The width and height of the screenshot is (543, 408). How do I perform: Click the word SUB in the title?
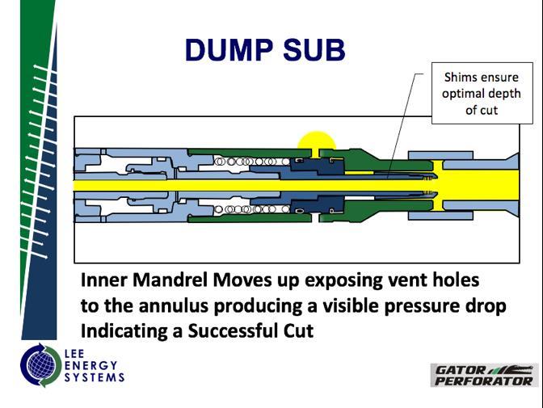click(x=314, y=50)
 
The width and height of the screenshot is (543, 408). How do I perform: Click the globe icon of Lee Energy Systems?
click(x=39, y=364)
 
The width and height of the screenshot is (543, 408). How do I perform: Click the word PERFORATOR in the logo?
click(x=483, y=381)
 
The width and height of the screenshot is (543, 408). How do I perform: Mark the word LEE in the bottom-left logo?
click(x=76, y=354)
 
